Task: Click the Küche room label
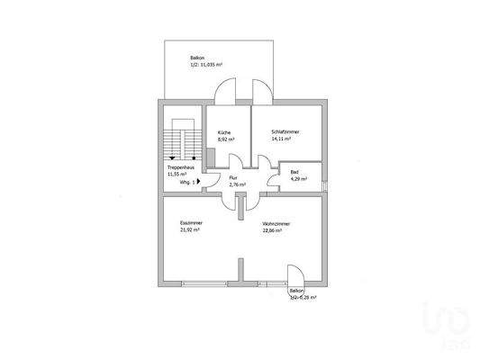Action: pyautogui.click(x=222, y=132)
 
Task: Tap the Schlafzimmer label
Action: pyautogui.click(x=285, y=132)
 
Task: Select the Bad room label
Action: pyautogui.click(x=294, y=171)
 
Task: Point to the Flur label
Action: pyautogui.click(x=232, y=177)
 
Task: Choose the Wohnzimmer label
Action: pyautogui.click(x=277, y=223)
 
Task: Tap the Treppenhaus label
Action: pyautogui.click(x=178, y=166)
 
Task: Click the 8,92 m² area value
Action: pyautogui.click(x=226, y=140)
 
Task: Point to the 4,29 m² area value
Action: pyautogui.click(x=298, y=179)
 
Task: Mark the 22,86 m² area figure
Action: pyautogui.click(x=272, y=230)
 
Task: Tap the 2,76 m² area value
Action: pyautogui.click(x=237, y=184)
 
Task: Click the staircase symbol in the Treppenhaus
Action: pyautogui.click(x=182, y=142)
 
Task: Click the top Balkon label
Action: pyautogui.click(x=184, y=57)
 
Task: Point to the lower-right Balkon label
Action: pyautogui.click(x=296, y=291)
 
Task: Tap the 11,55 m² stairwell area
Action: pyautogui.click(x=177, y=174)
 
